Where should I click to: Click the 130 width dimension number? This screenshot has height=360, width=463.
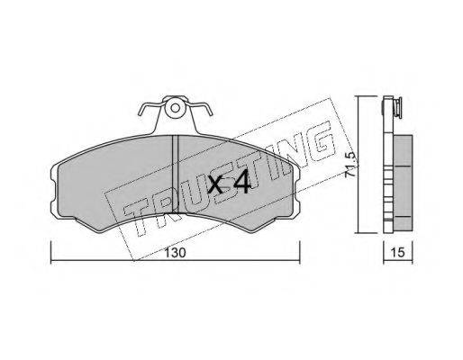click(x=176, y=253)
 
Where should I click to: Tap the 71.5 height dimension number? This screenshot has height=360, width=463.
click(x=350, y=165)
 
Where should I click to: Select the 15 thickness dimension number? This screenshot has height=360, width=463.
click(x=398, y=253)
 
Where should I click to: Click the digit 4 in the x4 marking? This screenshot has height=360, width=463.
click(x=241, y=181)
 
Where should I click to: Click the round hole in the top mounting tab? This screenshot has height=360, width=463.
click(x=175, y=108)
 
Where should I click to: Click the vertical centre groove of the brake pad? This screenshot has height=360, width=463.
click(x=175, y=174)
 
